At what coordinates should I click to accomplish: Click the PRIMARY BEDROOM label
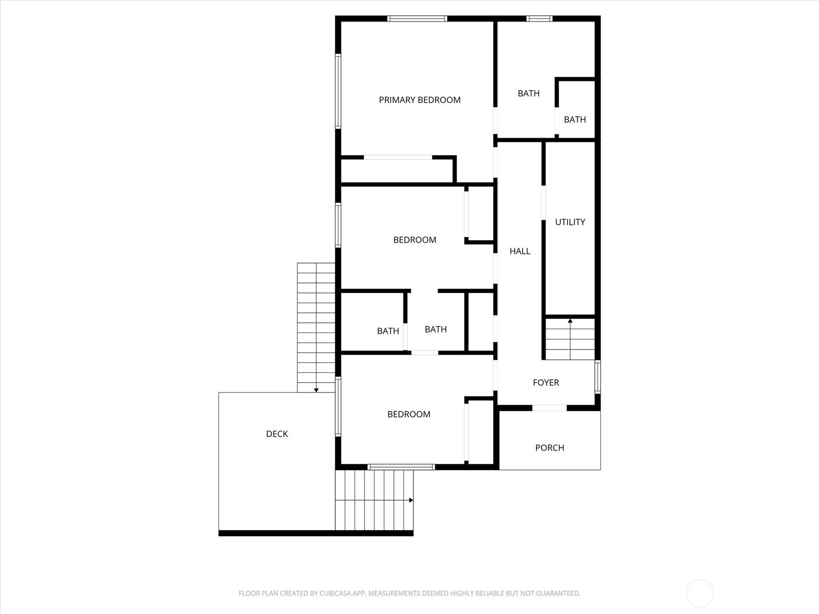point(419,100)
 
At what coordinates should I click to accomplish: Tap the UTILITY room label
point(570,222)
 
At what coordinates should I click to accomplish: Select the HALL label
point(520,251)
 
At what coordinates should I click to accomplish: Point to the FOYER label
point(546,383)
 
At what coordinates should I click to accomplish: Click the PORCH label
point(550,448)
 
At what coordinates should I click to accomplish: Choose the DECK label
point(277,434)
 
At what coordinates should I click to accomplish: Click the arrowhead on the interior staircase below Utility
point(570,321)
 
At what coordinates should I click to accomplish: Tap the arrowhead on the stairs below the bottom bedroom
point(411,500)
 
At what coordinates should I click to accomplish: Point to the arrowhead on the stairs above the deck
point(316,390)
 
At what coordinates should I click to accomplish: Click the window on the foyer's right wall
point(597,377)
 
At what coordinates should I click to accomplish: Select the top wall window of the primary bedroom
point(417,18)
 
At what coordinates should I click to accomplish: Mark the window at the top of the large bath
point(540,18)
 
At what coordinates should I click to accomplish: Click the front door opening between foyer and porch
point(549,408)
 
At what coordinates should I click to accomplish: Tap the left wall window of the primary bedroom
point(338,91)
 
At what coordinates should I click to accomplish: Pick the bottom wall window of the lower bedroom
point(401,467)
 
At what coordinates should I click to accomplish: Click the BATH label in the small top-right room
point(575,120)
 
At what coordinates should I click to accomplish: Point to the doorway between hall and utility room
point(543,203)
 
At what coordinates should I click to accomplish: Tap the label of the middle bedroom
point(415,239)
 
